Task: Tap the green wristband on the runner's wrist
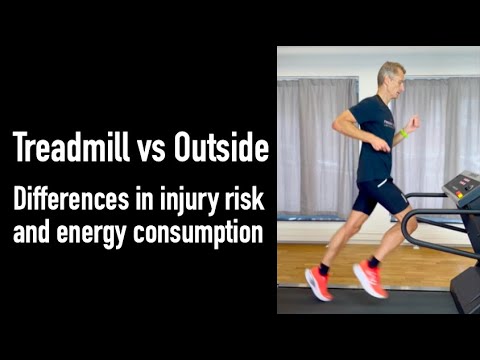coord(404,133)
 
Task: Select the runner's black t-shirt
coord(372,140)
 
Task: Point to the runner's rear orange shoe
coord(319,283)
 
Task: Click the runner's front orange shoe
coord(369,279)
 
